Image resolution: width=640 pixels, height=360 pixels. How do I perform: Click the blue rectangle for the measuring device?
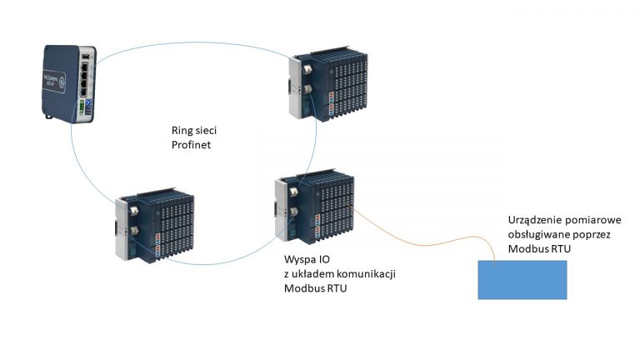tap(522, 279)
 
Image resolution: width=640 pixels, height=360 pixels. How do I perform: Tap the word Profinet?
tap(191, 147)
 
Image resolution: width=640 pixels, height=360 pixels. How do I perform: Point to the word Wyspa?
tap(301, 258)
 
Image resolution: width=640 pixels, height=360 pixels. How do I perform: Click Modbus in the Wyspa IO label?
tap(304, 288)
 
